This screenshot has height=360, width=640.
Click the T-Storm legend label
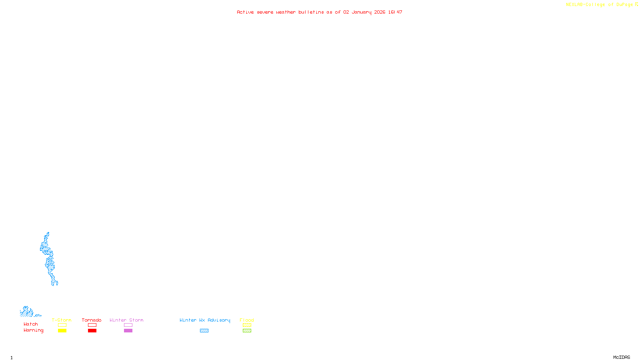(62, 320)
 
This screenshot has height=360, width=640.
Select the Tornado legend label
(92, 320)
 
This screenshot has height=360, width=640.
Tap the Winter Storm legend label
(126, 320)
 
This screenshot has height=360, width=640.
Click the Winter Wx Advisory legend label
(205, 320)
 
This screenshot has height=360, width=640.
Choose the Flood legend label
(247, 320)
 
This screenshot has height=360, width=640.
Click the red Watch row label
(31, 324)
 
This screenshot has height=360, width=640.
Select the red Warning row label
(34, 330)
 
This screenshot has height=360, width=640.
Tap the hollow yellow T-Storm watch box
(62, 325)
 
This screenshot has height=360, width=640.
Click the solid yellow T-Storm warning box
(62, 331)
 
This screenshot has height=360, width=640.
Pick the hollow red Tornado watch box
(92, 325)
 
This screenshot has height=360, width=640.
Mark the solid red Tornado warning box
(92, 331)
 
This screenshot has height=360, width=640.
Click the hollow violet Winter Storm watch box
(128, 325)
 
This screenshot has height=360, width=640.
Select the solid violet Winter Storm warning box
(128, 331)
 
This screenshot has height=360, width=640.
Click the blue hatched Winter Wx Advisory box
(204, 331)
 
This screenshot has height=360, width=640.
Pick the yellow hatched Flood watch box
(247, 325)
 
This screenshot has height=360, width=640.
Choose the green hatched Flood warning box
(247, 331)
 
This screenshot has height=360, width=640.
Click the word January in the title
(362, 12)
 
